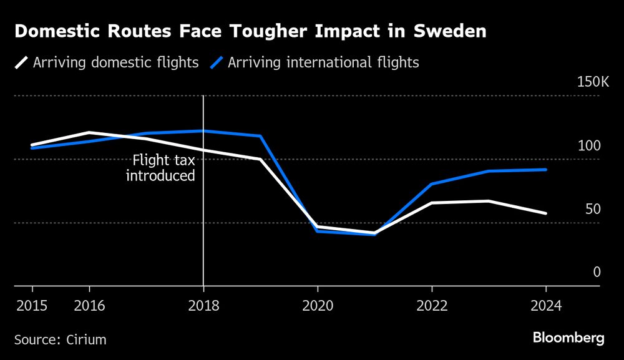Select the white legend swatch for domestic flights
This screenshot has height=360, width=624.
coord(22,62)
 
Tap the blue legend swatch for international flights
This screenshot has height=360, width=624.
coord(216,62)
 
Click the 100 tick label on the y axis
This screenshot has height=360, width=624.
coord(588,146)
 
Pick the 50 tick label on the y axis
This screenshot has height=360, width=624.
coord(593,209)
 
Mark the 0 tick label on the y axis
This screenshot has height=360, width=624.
coord(597,272)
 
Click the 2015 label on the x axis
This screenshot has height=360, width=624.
coord(32,306)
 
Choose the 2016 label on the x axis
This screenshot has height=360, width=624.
coord(89,306)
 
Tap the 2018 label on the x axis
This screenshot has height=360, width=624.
coord(203,306)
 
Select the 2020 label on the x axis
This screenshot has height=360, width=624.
coord(318,306)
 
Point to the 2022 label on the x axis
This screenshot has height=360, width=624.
coord(432,306)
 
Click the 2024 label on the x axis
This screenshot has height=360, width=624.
coord(546,306)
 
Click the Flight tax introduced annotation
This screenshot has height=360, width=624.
coord(160,168)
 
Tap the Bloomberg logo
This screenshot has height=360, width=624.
coord(568,338)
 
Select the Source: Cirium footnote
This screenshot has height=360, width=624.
coord(60,340)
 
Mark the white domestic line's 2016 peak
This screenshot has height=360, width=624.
coord(89,132)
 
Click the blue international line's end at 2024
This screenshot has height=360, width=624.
coord(546,170)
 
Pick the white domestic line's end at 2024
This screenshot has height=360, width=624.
coord(546,213)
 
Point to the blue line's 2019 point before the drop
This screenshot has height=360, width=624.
coord(260,136)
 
